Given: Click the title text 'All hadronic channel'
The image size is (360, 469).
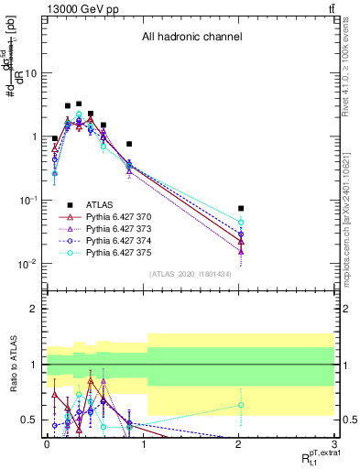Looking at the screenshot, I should point(191,38).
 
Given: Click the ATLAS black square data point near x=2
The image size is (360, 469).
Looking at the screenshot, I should point(241,209).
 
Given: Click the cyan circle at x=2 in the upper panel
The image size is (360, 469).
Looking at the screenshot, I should point(241,223).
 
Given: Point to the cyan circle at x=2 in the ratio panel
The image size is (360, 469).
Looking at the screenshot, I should point(241,405).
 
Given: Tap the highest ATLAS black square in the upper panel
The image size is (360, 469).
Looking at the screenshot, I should point(79,104).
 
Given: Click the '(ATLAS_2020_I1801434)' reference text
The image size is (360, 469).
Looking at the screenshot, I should point(191,274).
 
